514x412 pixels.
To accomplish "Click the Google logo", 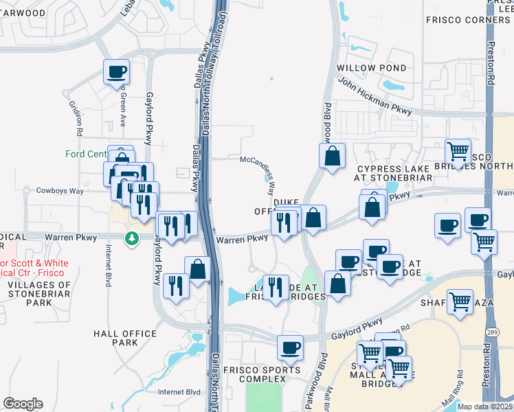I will pyautogui.click(x=23, y=404).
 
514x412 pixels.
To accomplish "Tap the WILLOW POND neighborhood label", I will pyautogui.click(x=371, y=69).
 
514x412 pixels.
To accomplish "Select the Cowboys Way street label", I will pyautogui.click(x=60, y=191).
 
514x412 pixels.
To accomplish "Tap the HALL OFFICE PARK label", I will pyautogui.click(x=125, y=338).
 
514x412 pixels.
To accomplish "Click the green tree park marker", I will pyautogui.click(x=130, y=238).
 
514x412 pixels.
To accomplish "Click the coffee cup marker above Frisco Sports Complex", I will pyautogui.click(x=290, y=347).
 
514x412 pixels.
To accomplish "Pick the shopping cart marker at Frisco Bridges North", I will pyautogui.click(x=457, y=150).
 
